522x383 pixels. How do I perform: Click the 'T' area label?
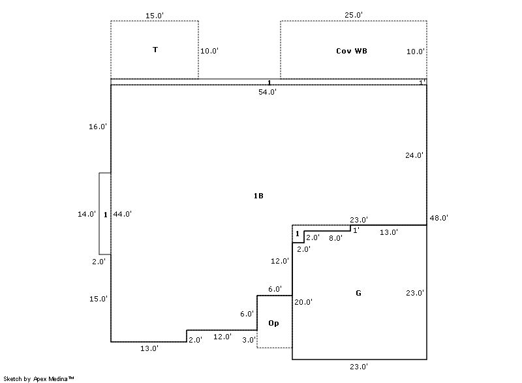pyautogui.click(x=155, y=50)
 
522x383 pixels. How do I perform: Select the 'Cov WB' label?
pyautogui.click(x=352, y=51)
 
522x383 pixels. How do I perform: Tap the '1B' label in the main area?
pyautogui.click(x=258, y=196)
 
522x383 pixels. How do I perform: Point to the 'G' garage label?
pyautogui.click(x=358, y=293)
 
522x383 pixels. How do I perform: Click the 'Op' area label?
pyautogui.click(x=273, y=323)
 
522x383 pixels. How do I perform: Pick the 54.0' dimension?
pyautogui.click(x=268, y=92)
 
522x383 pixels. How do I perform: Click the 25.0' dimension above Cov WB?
pyautogui.click(x=354, y=15)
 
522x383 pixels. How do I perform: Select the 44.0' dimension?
pyautogui.click(x=123, y=214)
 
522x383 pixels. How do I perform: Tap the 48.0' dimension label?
pyautogui.click(x=439, y=218)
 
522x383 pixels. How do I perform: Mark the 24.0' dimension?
pyautogui.click(x=414, y=155)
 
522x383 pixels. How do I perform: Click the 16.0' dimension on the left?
pyautogui.click(x=98, y=127)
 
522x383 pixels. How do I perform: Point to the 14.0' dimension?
pyautogui.click(x=87, y=214)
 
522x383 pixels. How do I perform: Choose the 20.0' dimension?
pyautogui.click(x=303, y=302)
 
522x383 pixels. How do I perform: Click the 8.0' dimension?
pyautogui.click(x=335, y=238)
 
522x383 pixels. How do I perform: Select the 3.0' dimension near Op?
pyautogui.click(x=249, y=340)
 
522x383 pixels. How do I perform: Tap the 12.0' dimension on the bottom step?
pyautogui.click(x=223, y=337)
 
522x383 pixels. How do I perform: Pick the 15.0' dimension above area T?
pyautogui.click(x=155, y=16)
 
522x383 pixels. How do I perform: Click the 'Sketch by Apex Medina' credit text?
pyautogui.click(x=38, y=378)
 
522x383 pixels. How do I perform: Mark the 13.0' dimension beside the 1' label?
pyautogui.click(x=389, y=232)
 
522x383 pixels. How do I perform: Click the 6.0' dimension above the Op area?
pyautogui.click(x=275, y=289)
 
